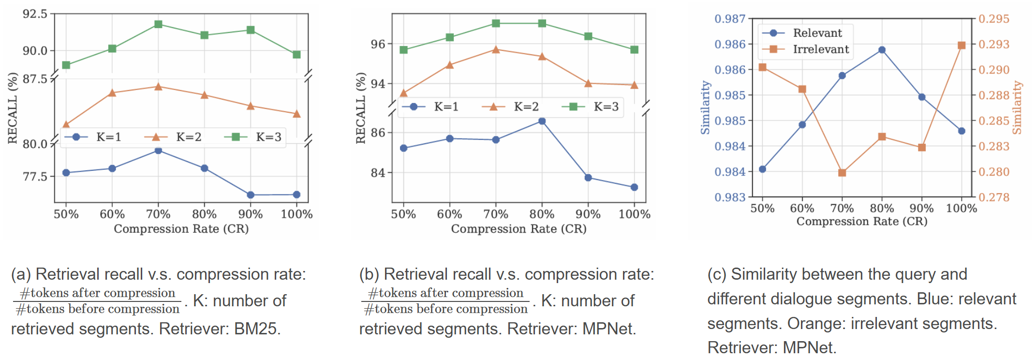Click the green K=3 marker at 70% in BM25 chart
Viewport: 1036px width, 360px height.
[158, 24]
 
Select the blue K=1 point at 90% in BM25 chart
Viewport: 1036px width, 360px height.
[251, 195]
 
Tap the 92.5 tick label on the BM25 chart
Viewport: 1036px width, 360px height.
[35, 14]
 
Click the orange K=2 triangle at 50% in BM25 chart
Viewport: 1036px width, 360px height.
[66, 124]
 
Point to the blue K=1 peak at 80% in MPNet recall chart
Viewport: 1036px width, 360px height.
[542, 121]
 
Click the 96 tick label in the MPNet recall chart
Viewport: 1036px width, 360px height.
[378, 44]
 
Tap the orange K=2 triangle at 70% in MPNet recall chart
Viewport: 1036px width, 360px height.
[496, 49]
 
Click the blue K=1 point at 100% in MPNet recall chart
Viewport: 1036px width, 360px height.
[634, 187]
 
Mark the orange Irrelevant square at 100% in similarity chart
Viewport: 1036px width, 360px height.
[962, 45]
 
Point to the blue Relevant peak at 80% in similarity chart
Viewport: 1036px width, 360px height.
[882, 50]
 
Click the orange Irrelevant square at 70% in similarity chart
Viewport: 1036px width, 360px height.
[842, 173]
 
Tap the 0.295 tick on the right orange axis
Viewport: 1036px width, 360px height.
[993, 19]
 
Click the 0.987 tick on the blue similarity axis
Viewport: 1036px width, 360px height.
[730, 19]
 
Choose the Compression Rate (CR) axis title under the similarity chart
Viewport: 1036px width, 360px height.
[861, 222]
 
